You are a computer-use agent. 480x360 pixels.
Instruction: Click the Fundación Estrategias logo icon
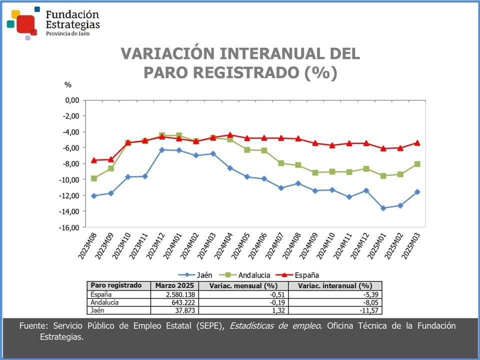click(x=22, y=23)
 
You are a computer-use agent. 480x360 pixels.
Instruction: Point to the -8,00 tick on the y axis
click(x=71, y=164)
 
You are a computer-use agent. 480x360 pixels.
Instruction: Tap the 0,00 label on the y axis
click(x=72, y=100)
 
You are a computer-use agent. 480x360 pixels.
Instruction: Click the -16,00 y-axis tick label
click(x=70, y=227)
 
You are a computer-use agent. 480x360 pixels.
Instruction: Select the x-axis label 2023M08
click(x=87, y=247)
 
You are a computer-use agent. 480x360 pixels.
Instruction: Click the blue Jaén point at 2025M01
click(x=383, y=208)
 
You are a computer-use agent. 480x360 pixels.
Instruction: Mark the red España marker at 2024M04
click(x=230, y=135)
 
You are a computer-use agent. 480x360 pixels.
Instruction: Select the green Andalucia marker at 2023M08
click(x=94, y=178)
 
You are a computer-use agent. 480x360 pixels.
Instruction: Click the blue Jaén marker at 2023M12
click(x=162, y=150)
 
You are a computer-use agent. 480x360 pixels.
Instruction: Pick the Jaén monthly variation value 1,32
click(x=270, y=310)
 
